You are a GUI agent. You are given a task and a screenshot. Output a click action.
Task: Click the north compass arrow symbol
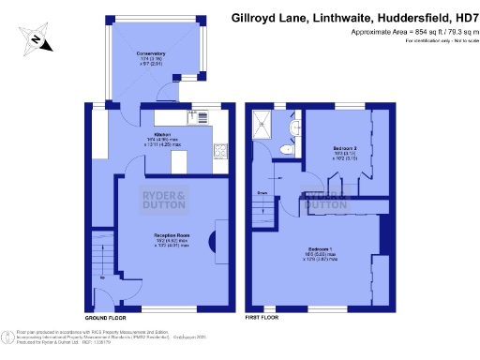point(36,39)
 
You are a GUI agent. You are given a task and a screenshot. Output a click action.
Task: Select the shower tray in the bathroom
point(266,124)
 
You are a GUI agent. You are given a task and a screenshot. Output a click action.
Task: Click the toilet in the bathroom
point(289,149)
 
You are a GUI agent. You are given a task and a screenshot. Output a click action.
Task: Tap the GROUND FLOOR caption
point(105,319)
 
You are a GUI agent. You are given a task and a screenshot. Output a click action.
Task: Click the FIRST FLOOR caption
point(263,319)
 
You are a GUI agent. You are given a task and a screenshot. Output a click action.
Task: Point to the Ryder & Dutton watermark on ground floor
point(165,199)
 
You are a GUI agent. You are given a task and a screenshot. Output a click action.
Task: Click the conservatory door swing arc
point(164,91)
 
